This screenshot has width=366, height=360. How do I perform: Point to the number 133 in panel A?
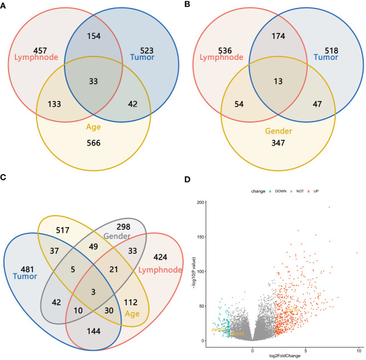coord(52,105)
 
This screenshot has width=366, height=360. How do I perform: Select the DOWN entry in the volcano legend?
coord(275,191)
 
